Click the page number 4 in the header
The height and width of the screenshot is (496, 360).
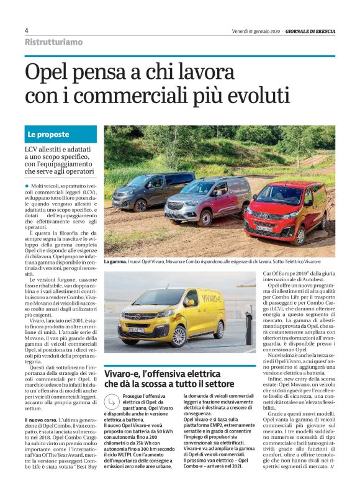coord(27,30)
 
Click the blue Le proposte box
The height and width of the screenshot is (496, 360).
coord(61,134)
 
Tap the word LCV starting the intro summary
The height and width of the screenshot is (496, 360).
coord(33,150)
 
